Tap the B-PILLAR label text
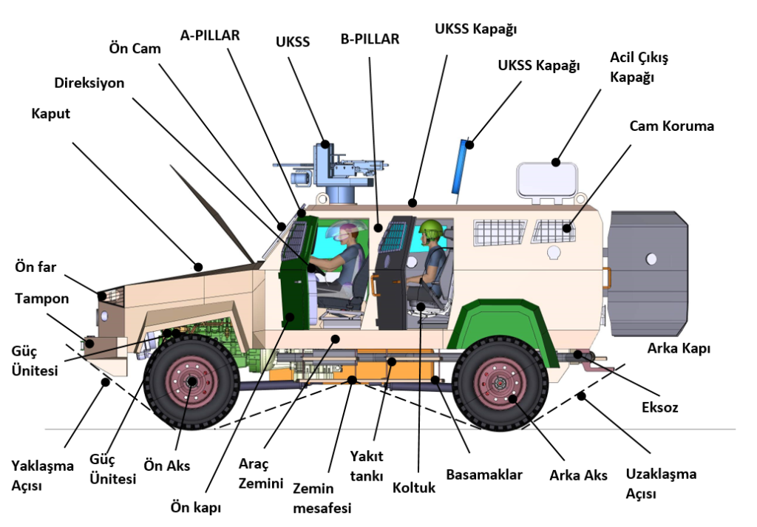[370, 39]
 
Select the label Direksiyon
[89, 83]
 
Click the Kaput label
[50, 114]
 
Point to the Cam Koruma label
[672, 126]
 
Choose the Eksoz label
[660, 407]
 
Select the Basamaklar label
[484, 475]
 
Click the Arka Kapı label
[679, 348]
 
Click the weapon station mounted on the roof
[330, 170]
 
